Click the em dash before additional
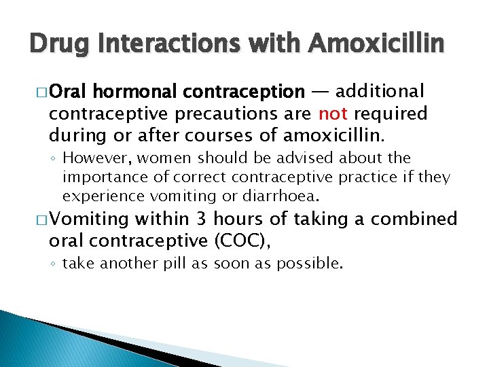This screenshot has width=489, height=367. (321, 91)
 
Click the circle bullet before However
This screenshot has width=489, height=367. (54, 159)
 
